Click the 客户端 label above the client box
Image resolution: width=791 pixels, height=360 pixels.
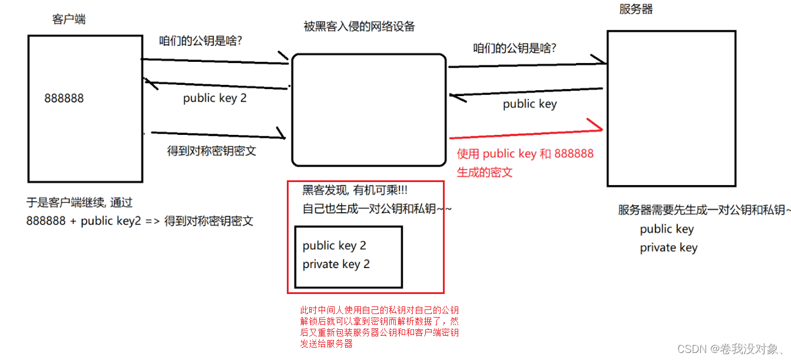pos(69,19)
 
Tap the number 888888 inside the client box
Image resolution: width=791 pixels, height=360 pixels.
pos(64,98)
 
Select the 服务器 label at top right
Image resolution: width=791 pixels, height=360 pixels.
pos(636,9)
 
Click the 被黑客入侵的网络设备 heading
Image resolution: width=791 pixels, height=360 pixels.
pos(359,27)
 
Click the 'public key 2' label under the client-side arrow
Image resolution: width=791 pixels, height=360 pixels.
pos(215,98)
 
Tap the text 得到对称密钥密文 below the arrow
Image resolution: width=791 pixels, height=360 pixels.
pos(212,151)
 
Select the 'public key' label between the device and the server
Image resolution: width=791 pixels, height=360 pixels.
pos(529,104)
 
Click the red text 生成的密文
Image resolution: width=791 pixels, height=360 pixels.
pos(485,172)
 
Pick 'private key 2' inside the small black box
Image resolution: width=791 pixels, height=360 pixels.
pos(336,264)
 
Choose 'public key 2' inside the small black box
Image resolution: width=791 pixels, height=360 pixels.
pos(335,245)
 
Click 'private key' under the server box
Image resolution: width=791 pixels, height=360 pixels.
pos(668,247)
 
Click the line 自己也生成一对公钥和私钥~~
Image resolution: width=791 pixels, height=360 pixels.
pos(377,209)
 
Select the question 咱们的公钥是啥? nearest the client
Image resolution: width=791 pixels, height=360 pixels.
pos(202,41)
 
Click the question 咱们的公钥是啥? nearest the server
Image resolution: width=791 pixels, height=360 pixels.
pos(515,48)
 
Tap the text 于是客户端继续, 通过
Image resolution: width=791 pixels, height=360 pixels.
pos(80,203)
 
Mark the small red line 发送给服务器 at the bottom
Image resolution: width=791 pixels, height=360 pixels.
pos(326,344)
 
